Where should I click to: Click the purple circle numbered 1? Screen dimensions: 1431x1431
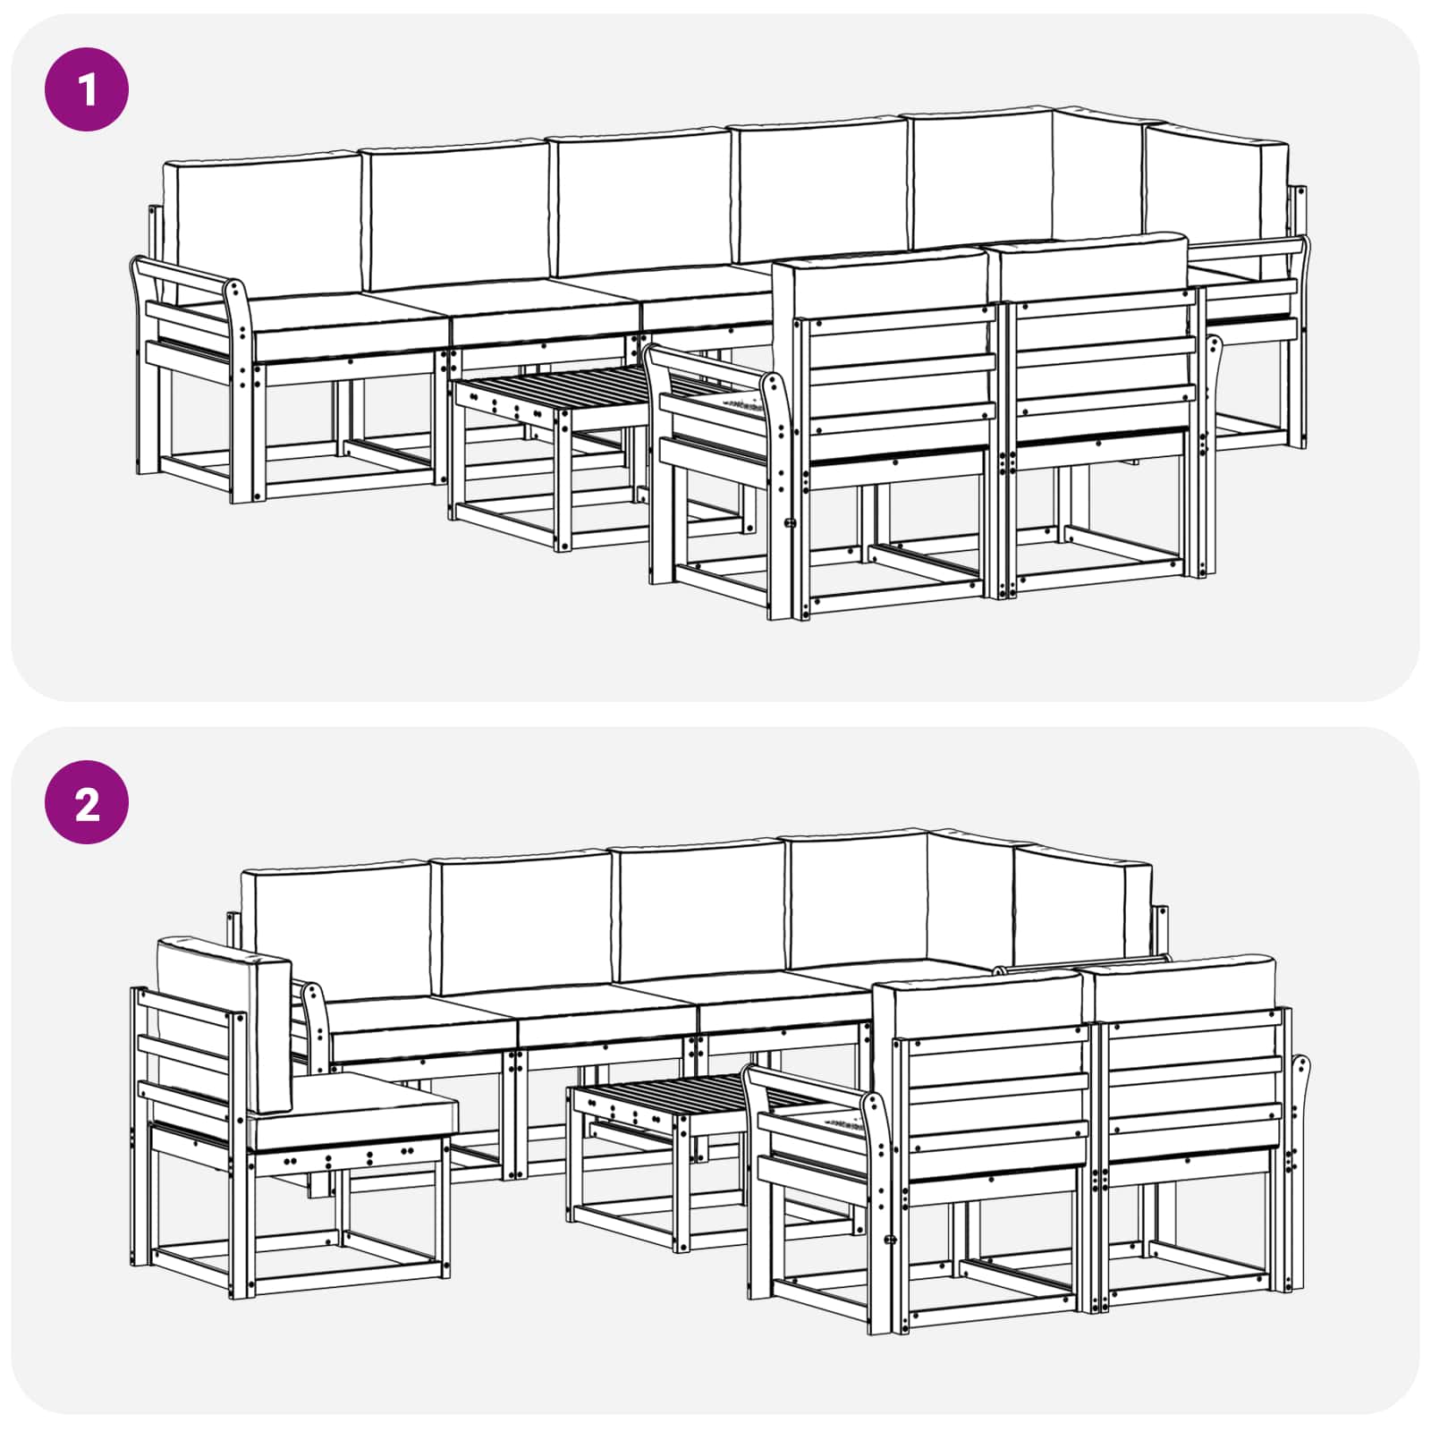click(x=87, y=89)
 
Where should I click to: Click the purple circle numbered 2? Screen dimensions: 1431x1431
click(x=87, y=802)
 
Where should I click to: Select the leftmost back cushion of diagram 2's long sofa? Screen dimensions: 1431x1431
click(x=335, y=930)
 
